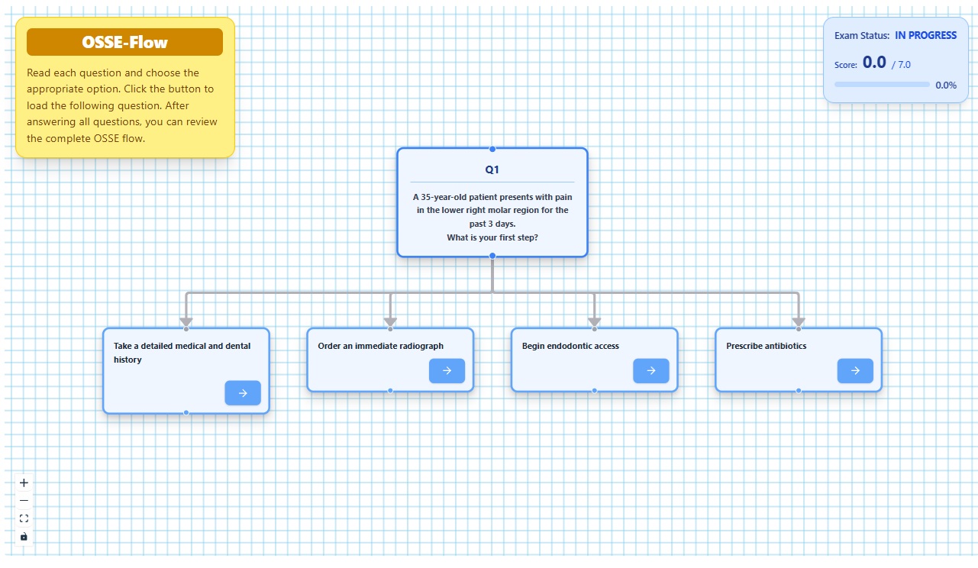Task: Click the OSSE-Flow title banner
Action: [125, 42]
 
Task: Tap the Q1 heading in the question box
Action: [492, 169]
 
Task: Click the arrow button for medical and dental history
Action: [243, 393]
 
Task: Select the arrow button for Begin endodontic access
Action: [651, 371]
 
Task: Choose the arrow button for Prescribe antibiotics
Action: [855, 371]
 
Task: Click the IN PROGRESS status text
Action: [925, 35]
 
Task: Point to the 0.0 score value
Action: [874, 63]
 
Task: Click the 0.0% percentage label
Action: [946, 86]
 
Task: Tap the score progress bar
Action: [882, 84]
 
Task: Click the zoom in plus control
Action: [24, 482]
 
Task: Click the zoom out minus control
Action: [24, 500]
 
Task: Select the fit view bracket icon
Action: [24, 518]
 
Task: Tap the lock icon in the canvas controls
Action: [24, 537]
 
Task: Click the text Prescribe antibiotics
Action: [767, 346]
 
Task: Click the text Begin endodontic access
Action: [570, 346]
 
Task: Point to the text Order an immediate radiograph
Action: [380, 346]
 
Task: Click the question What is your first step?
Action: [492, 237]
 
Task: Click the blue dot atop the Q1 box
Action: [492, 149]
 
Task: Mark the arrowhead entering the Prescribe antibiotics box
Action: [799, 322]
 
